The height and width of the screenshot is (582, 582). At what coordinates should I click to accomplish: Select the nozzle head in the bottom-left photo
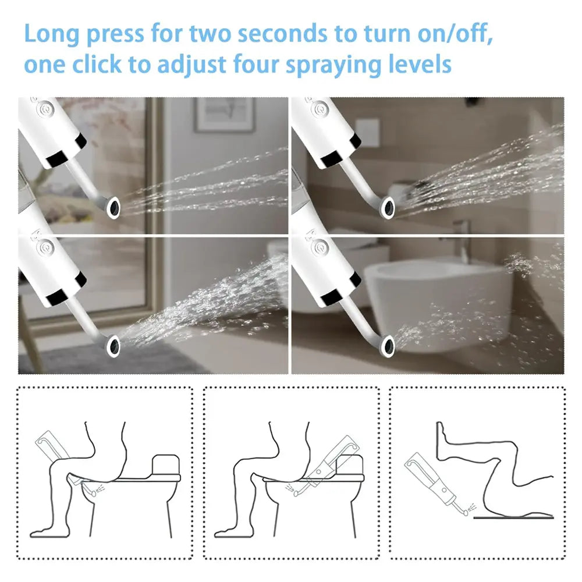[x=112, y=345]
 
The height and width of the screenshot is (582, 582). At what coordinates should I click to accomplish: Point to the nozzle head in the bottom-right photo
[x=386, y=346]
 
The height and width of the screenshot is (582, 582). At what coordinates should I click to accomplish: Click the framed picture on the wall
[x=224, y=115]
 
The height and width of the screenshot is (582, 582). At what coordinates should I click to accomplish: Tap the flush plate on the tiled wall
[x=367, y=132]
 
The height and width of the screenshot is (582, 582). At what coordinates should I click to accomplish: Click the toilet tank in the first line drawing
[x=166, y=465]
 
